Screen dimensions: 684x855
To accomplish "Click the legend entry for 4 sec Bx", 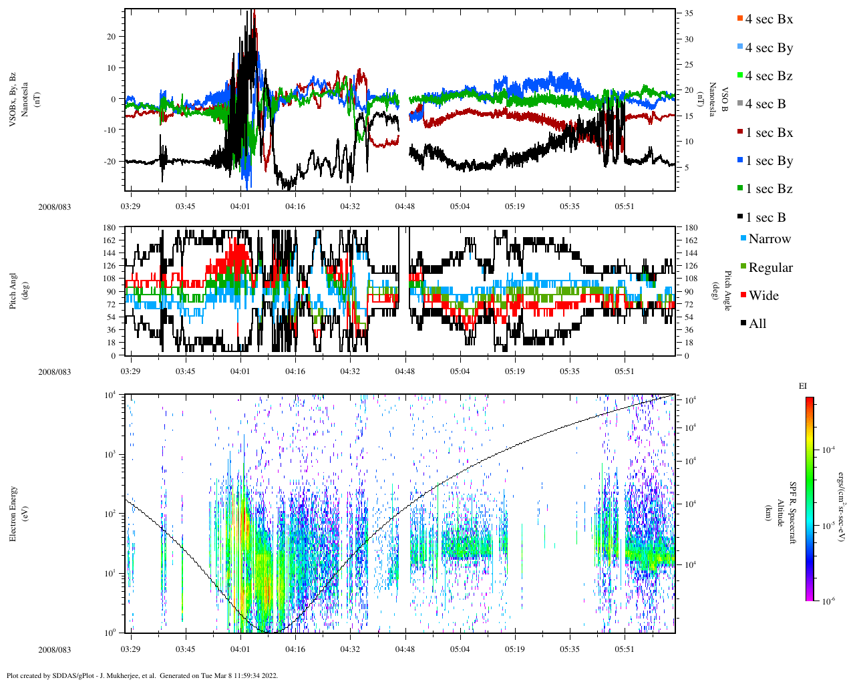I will pyautogui.click(x=769, y=19).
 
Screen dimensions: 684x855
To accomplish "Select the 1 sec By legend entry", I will pyautogui.click(x=769, y=161).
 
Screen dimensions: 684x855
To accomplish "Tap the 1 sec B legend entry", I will pyautogui.click(x=765, y=218).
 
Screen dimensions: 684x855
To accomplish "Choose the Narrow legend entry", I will pyautogui.click(x=769, y=239).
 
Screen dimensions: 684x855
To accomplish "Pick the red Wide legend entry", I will pyautogui.click(x=763, y=296).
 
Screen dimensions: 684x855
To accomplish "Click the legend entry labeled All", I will pyautogui.click(x=757, y=324).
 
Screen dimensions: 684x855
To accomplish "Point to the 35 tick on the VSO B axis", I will pyautogui.click(x=688, y=13).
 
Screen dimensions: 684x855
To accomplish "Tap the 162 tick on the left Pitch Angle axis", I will pyautogui.click(x=110, y=240).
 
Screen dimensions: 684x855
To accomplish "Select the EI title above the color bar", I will pyautogui.click(x=803, y=386).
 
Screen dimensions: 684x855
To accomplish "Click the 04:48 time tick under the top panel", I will pyautogui.click(x=405, y=206).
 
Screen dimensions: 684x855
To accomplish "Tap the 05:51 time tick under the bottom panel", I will pyautogui.click(x=624, y=649).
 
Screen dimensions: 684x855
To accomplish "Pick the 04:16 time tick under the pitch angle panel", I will pyautogui.click(x=295, y=371).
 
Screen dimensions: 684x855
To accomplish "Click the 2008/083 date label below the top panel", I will pyautogui.click(x=54, y=207).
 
